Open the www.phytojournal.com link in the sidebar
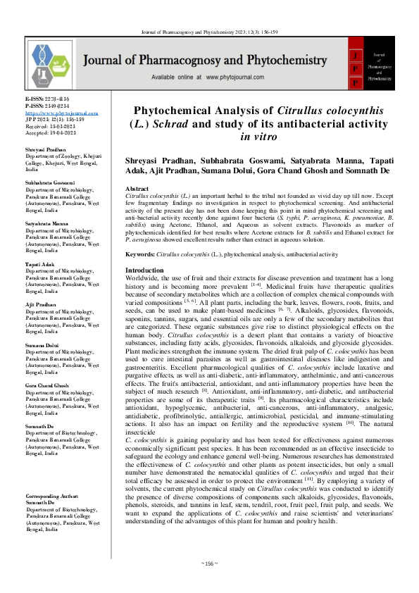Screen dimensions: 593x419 [x=53, y=113]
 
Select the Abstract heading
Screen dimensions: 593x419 [x=137, y=190]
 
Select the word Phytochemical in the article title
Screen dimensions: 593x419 [x=175, y=112]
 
